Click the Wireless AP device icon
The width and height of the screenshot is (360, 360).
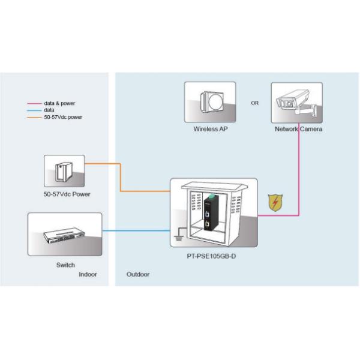pos(209,101)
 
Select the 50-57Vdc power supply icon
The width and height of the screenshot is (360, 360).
pos(64,170)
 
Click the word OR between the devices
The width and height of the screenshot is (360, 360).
pos(255,103)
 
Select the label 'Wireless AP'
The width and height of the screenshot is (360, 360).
pos(209,129)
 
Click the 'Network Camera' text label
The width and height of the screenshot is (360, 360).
pos(298,129)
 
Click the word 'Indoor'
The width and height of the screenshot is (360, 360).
pos(88,274)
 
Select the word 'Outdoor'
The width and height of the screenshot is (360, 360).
pos(138,274)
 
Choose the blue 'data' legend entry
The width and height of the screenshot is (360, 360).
pos(49,110)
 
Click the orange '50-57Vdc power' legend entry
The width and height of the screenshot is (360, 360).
pos(63,117)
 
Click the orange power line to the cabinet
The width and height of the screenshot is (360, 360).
pos(144,191)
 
